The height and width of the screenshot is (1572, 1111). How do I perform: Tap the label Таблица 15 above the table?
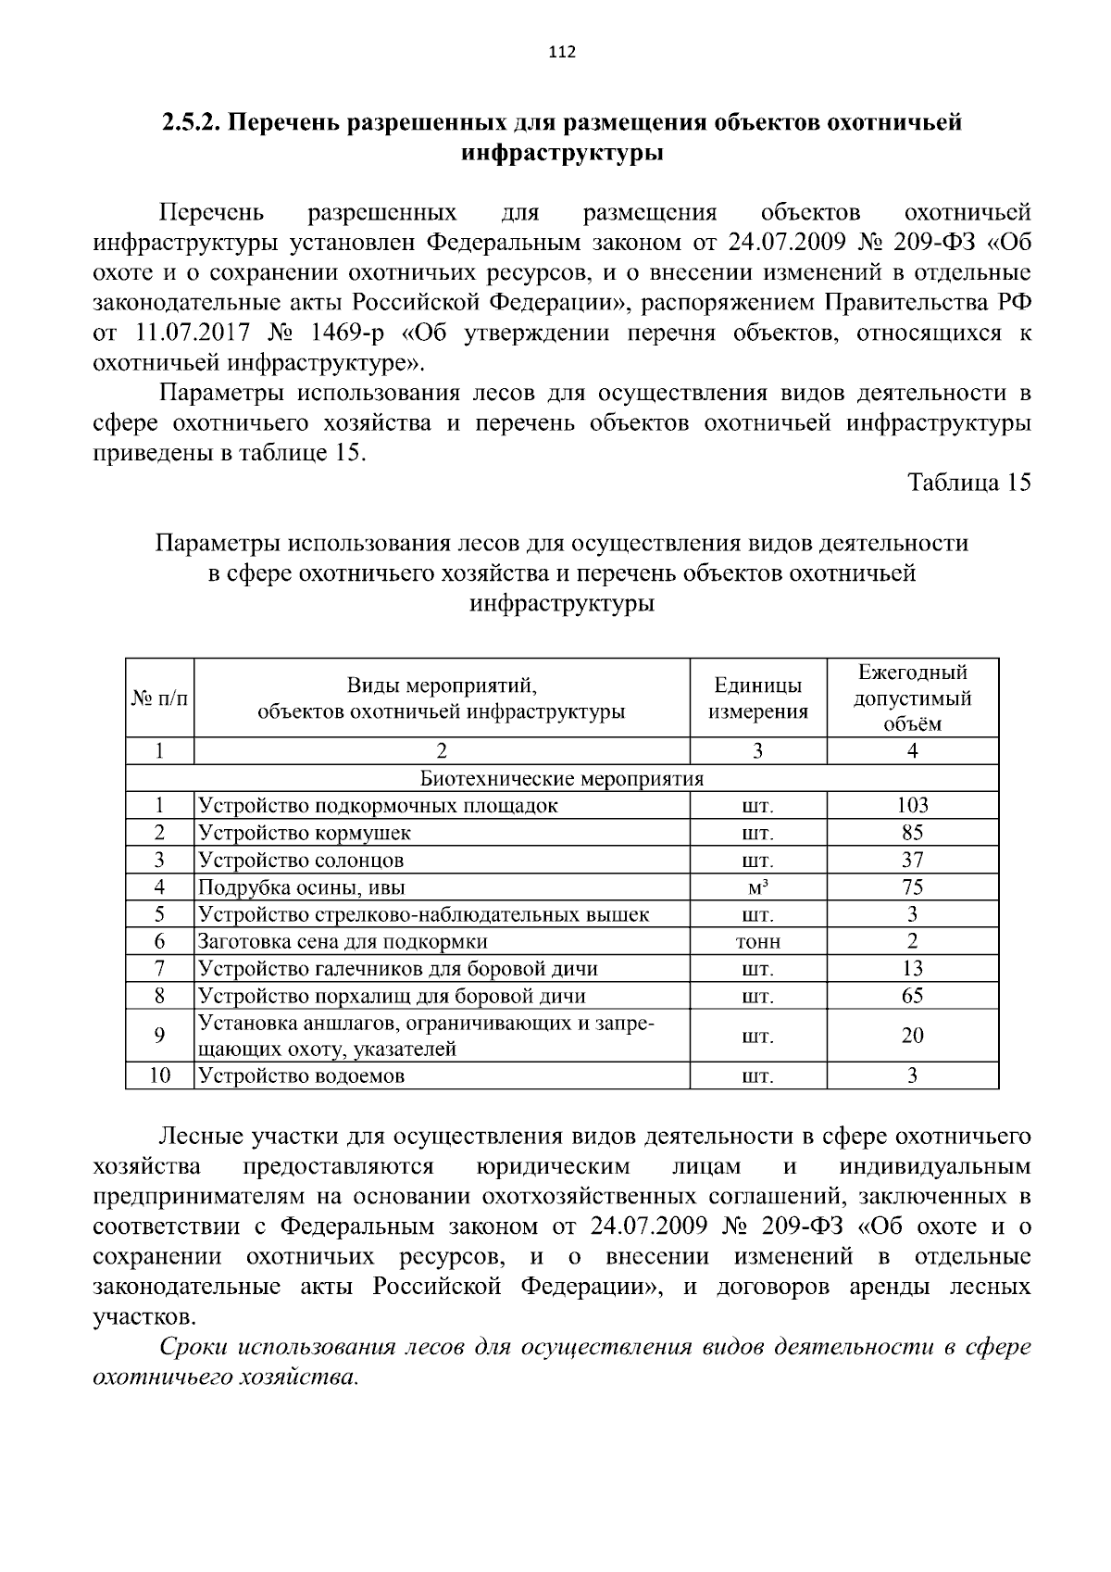[968, 483]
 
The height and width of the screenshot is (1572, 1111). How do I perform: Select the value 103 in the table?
[912, 805]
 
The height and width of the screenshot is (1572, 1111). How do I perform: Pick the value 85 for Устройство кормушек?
[912, 832]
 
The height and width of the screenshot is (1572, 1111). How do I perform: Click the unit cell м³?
[757, 887]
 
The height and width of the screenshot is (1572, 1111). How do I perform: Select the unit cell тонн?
[757, 942]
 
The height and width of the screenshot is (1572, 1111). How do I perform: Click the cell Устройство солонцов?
[302, 860]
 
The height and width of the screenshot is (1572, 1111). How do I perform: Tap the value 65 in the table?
[912, 996]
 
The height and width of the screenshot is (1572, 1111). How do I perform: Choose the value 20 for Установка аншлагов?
[912, 1036]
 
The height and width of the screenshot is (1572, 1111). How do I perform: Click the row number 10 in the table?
[159, 1075]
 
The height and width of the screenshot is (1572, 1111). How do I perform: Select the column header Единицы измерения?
[757, 698]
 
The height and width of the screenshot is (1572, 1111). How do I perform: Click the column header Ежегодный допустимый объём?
[912, 698]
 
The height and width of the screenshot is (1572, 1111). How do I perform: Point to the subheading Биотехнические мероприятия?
[562, 778]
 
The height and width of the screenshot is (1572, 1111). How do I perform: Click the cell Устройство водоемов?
[302, 1075]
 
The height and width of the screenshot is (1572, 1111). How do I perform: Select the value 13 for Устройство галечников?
[912, 969]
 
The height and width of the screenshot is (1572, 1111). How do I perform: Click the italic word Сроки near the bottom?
[193, 1347]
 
